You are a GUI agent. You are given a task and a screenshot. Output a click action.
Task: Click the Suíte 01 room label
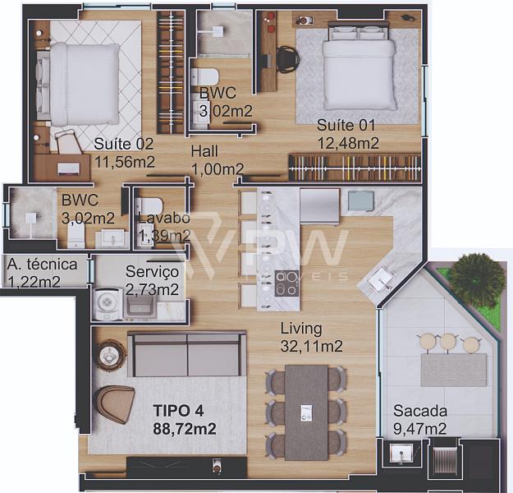tap(346, 125)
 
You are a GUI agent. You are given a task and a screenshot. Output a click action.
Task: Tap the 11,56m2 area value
tap(124, 162)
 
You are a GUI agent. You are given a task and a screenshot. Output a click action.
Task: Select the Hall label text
tap(204, 151)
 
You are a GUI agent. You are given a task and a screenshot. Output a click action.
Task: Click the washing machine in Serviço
tap(106, 303)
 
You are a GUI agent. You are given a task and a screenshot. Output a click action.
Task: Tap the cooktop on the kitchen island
tap(286, 283)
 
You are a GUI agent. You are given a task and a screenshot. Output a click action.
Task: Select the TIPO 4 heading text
tap(178, 411)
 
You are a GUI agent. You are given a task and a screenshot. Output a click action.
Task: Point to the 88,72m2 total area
tap(184, 428)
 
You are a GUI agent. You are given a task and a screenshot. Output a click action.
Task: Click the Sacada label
tap(420, 411)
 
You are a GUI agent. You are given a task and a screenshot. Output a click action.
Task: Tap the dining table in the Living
tap(306, 412)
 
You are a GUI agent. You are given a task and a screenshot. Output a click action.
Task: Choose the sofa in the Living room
tap(186, 354)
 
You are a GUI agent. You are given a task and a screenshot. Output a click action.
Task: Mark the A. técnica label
tap(42, 265)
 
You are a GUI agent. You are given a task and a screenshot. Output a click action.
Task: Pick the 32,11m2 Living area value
tap(311, 346)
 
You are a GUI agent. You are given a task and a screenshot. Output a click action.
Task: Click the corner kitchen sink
tap(379, 279)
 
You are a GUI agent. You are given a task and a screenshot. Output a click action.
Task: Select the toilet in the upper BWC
tap(205, 76)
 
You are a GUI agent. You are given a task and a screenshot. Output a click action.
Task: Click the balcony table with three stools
tap(454, 370)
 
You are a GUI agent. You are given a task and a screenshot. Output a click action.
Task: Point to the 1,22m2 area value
tap(34, 282)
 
